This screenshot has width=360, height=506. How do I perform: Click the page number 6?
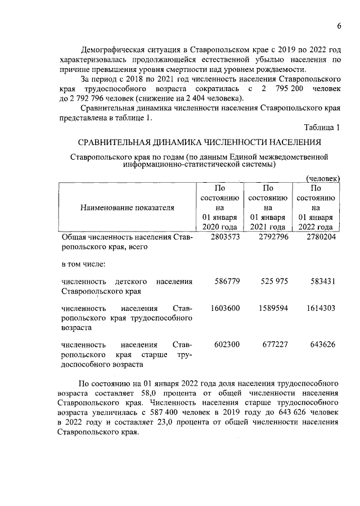coord(339,26)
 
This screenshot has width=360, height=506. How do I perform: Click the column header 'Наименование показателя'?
coord(127,207)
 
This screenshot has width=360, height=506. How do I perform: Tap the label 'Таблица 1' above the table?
coord(322,128)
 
